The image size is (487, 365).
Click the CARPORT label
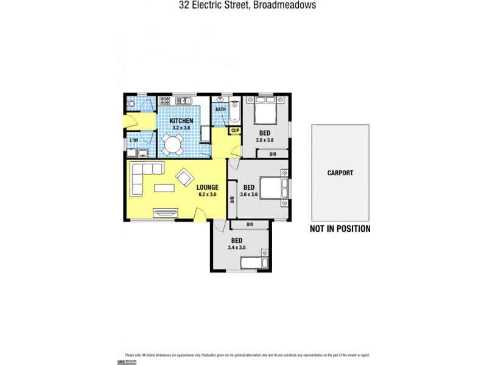click(x=340, y=173)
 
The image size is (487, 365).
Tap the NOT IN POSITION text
click(x=340, y=229)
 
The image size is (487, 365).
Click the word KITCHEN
click(x=181, y=122)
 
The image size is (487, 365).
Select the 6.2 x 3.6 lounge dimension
click(x=208, y=195)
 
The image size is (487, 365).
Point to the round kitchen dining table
click(x=173, y=145)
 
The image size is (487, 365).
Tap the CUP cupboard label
click(x=234, y=130)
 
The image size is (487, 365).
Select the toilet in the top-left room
click(x=130, y=103)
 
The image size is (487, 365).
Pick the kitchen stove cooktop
click(x=164, y=100)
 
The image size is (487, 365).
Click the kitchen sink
click(x=185, y=100)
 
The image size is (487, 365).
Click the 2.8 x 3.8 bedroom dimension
click(x=265, y=139)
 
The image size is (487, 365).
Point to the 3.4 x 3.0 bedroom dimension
click(x=237, y=247)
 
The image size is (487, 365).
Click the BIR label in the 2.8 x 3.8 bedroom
click(x=272, y=155)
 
